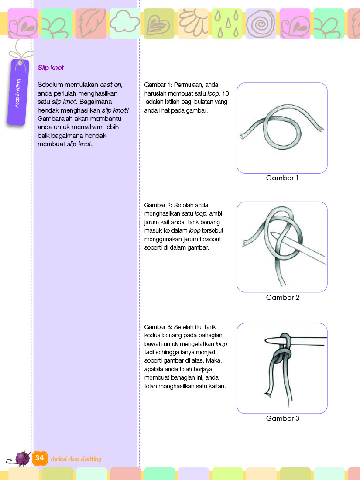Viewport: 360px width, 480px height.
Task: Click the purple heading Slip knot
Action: click(x=51, y=68)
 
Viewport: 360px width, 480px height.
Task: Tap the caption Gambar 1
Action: click(x=282, y=178)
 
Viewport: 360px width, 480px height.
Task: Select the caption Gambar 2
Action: click(x=282, y=298)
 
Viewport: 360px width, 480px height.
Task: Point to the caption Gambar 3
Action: click(x=282, y=418)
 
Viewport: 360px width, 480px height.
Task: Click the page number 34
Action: click(x=40, y=458)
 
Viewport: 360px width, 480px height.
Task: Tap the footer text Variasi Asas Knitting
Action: click(x=75, y=459)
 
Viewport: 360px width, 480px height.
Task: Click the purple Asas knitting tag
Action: click(x=18, y=93)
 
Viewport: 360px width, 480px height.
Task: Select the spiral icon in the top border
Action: click(x=261, y=23)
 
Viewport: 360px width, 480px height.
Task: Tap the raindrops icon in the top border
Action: click(x=227, y=24)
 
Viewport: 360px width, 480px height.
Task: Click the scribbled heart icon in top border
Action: click(x=158, y=24)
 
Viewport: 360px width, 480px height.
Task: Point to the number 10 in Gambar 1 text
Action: click(x=226, y=94)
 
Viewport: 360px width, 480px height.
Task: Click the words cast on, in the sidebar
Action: click(x=111, y=85)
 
